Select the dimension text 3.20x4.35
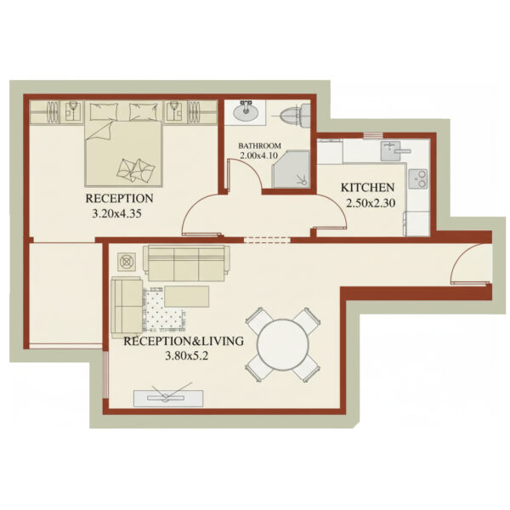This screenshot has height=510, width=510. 116,214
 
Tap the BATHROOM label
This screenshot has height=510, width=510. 259,145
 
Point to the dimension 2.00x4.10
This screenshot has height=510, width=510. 259,156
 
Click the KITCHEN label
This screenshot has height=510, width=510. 367,188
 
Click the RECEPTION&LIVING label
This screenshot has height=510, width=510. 184,341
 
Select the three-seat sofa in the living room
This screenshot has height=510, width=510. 185,263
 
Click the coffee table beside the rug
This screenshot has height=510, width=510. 187,296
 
